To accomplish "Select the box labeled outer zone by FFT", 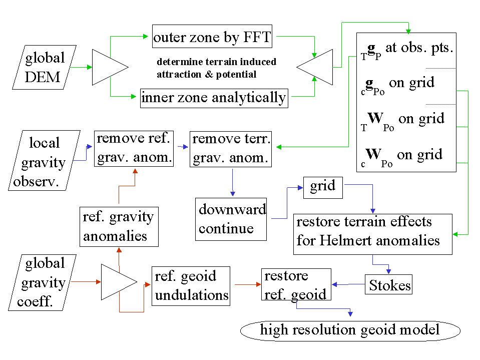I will coord(212,38).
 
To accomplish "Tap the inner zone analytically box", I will coord(214,98).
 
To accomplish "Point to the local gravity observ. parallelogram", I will coord(44,160).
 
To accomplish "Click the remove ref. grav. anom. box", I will coord(134,149).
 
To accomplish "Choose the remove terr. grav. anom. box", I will coord(231,149).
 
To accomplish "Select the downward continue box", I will coord(231,219).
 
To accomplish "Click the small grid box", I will coord(323,187).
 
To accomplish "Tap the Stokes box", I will coord(389,286).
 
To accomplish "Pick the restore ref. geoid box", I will coord(296,284).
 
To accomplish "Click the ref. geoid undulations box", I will coord(191,285).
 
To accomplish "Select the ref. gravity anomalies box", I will coord(119,226).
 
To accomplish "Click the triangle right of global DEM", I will coord(108,67).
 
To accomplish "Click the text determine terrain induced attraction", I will coord(216,62).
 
